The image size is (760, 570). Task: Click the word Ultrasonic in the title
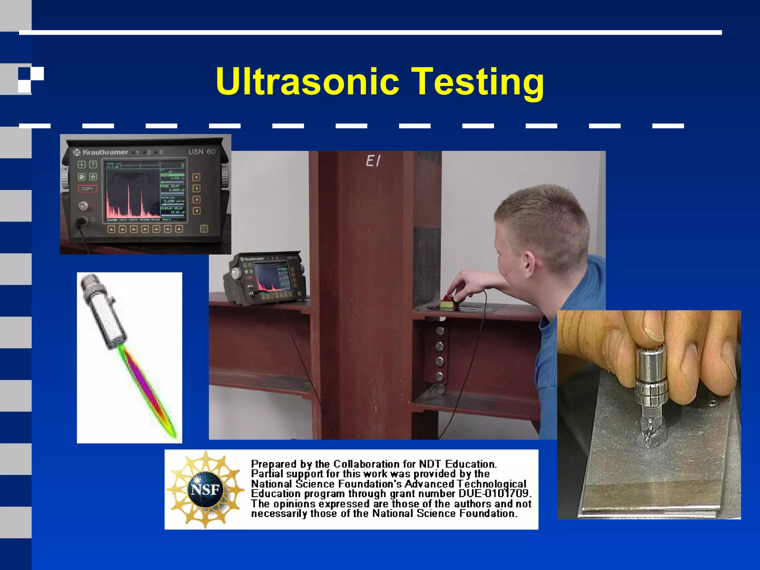tap(308, 82)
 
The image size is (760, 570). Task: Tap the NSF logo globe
tap(205, 490)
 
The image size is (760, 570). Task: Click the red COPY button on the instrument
tap(87, 189)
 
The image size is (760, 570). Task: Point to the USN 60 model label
tap(202, 152)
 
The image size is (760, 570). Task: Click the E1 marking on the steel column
tap(373, 161)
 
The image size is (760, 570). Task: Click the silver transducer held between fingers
tap(652, 375)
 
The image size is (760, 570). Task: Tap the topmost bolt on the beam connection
tap(440, 330)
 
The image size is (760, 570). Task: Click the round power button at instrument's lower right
tap(204, 229)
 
